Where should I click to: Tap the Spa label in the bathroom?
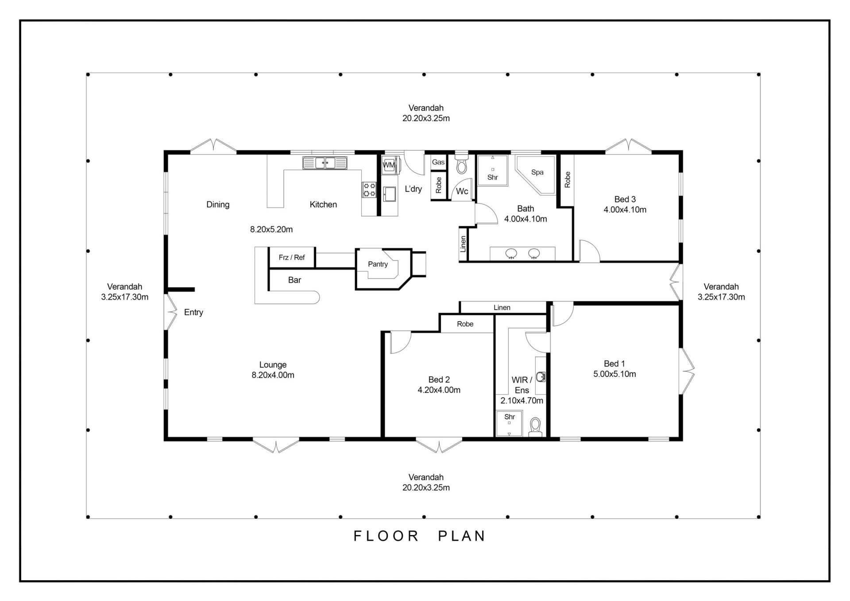pos(537,172)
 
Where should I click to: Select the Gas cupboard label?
pos(438,162)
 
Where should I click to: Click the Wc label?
pos(462,191)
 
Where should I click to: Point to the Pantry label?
pos(378,264)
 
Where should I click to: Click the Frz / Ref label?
pos(292,257)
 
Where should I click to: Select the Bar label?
pos(294,280)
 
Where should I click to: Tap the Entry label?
pos(193,312)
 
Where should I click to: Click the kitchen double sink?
pos(325,163)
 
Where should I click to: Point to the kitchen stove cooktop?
pos(369,190)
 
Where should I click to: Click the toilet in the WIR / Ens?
pos(536,427)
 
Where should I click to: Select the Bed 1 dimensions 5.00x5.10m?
pos(614,374)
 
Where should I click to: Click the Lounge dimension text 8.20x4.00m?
pos(273,375)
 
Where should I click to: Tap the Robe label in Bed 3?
pos(568,179)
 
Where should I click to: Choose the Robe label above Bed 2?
pos(465,324)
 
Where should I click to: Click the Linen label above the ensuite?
pos(502,307)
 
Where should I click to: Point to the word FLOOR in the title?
pos(386,536)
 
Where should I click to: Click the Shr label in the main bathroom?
pos(493,178)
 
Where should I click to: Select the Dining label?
pos(218,205)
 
